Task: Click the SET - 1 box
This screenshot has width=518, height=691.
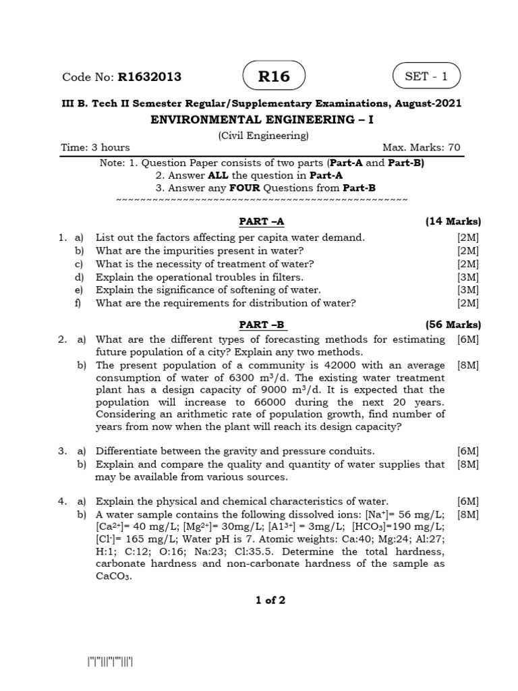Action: (x=426, y=76)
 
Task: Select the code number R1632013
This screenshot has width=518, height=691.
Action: (x=150, y=77)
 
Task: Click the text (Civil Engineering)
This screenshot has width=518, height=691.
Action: (x=263, y=135)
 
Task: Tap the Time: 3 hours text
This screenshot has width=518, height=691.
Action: (x=95, y=148)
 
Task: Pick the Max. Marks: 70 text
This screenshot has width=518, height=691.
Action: (x=422, y=148)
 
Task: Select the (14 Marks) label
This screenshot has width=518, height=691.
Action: (x=453, y=221)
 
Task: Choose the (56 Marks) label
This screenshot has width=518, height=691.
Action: (x=453, y=324)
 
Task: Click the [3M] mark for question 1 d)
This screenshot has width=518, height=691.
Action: (x=467, y=277)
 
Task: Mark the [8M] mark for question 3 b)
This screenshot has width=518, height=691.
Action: (x=467, y=464)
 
